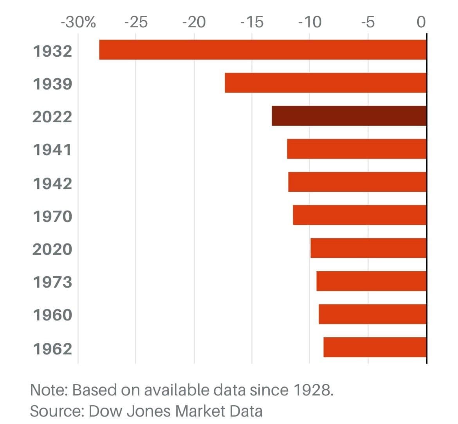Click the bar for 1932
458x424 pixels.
tap(263, 50)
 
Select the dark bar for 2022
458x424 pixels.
tap(349, 116)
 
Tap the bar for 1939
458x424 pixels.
tap(325, 83)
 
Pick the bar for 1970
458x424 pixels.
tap(359, 215)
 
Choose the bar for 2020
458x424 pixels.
tap(368, 248)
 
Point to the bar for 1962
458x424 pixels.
tap(375, 347)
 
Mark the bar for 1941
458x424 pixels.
tap(356, 149)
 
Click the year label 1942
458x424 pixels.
tap(52, 183)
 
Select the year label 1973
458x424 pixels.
tap(52, 282)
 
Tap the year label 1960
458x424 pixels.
tap(52, 315)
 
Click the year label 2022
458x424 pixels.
tap(52, 117)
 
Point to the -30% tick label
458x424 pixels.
tap(78, 22)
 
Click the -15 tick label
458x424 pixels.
tap(252, 22)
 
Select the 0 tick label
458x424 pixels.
tap(421, 22)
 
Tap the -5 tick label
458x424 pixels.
tap(368, 22)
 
